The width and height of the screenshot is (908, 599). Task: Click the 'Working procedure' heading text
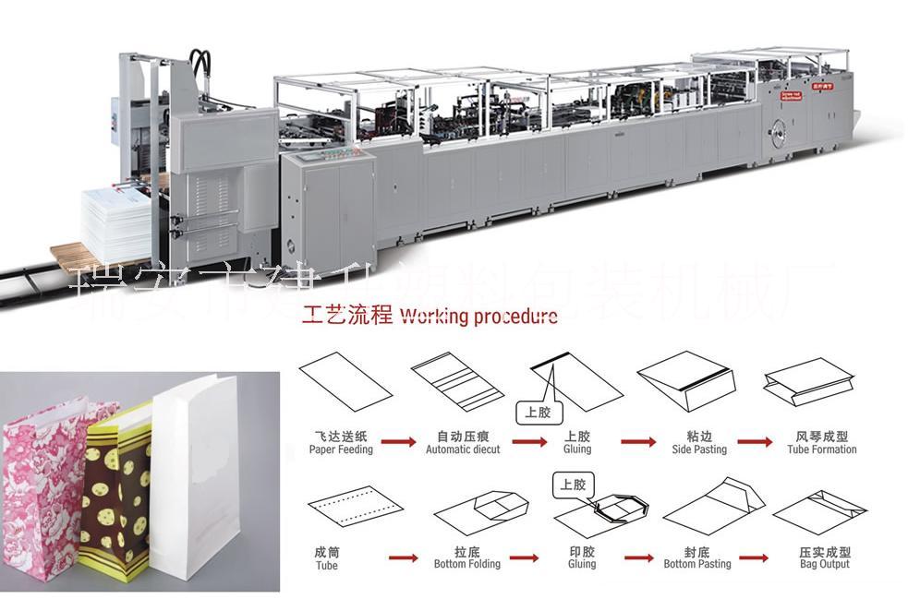(477, 317)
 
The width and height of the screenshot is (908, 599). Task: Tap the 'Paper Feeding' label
(341, 449)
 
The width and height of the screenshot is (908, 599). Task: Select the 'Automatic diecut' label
(463, 449)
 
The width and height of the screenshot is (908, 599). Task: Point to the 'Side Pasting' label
(699, 449)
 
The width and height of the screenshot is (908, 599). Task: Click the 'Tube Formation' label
(821, 449)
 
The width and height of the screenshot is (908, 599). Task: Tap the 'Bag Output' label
(823, 563)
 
